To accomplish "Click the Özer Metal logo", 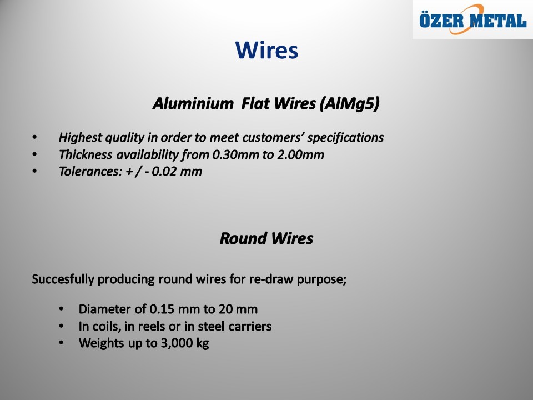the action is (x=472, y=19).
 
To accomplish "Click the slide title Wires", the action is (x=266, y=51).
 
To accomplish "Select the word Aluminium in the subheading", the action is (x=193, y=103).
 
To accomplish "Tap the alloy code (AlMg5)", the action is (x=349, y=104).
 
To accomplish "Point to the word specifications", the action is (x=345, y=138).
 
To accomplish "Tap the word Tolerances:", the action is (x=90, y=172).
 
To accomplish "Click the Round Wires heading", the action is (x=266, y=238).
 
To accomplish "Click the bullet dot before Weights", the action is (x=61, y=343).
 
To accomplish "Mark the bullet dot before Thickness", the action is (x=34, y=154).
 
